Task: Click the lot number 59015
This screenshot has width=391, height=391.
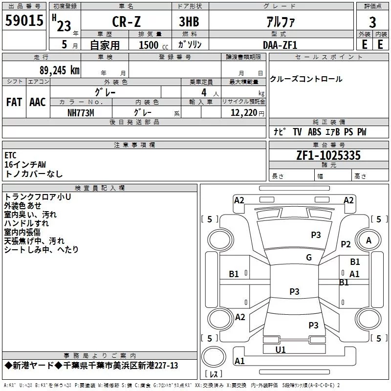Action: point(24,21)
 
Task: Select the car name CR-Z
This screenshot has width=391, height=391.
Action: point(126,22)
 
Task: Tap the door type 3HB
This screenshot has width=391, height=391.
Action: point(189,22)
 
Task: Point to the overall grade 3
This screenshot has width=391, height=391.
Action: point(372,22)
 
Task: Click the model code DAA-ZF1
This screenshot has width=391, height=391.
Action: point(280,45)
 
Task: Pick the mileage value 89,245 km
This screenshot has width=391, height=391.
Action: point(59,70)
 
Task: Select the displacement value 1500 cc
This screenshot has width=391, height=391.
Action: point(153,45)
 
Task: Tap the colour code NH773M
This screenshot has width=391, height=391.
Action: point(81,113)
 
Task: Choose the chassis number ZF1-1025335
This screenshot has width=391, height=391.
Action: point(328,155)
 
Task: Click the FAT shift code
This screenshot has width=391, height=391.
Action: point(14,102)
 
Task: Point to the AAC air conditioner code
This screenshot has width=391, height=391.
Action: point(38,102)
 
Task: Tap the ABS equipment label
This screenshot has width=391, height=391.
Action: point(314,132)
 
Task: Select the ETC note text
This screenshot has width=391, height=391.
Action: point(10,155)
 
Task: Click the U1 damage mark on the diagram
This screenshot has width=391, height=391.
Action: point(280,349)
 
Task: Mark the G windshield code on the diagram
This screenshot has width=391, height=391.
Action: point(309,257)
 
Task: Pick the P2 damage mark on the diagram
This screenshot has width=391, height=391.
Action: point(346,244)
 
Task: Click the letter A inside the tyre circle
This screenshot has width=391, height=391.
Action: point(369,240)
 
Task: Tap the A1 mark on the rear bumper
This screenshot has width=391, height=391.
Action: point(239,361)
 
